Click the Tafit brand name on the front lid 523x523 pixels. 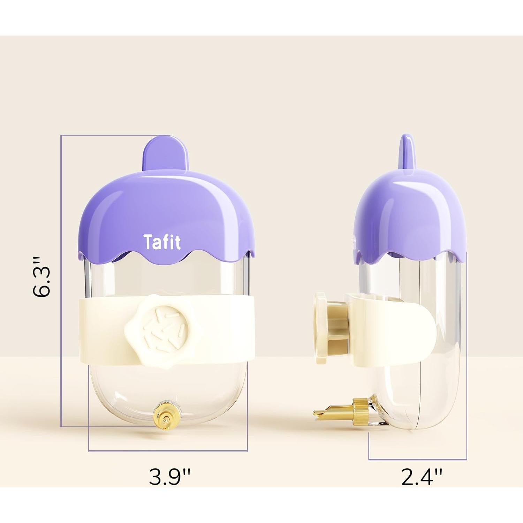(162, 242)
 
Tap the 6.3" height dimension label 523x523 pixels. (43, 277)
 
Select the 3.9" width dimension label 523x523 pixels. (170, 477)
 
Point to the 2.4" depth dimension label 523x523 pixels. (422, 477)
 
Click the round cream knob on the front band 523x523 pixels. (162, 324)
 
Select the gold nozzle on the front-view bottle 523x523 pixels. (164, 416)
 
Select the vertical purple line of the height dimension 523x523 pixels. (61, 279)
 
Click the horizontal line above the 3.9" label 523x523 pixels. (167, 451)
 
